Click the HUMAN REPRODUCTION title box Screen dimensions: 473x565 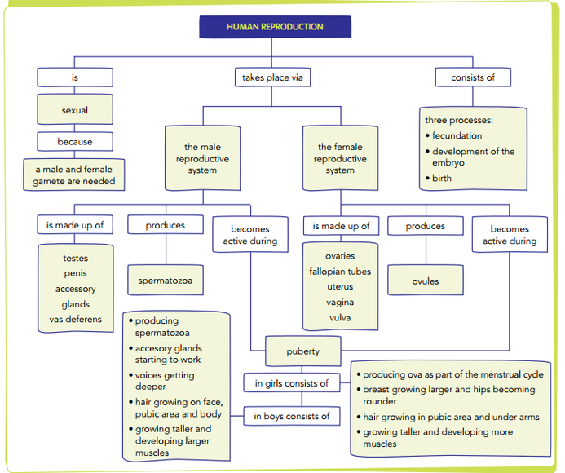tap(274, 26)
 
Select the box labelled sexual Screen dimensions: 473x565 tap(75, 110)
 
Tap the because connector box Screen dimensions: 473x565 tap(75, 142)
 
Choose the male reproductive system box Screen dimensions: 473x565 tap(202, 159)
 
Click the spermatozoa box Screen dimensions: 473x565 tap(166, 281)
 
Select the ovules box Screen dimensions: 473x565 tap(425, 281)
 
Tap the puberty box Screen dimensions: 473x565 tap(303, 352)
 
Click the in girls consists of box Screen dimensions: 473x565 tap(291, 383)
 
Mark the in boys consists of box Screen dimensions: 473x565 tap(291, 416)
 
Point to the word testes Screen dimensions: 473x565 tap(75, 259)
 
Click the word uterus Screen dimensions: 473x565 tap(340, 287)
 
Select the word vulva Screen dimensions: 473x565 tap(340, 317)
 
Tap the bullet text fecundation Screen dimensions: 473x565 tap(457, 136)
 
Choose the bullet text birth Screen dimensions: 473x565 tap(441, 178)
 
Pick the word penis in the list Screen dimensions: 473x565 tap(75, 273)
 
